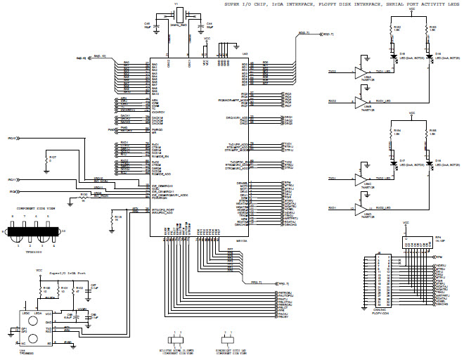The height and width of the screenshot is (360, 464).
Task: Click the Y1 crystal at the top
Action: click(179, 15)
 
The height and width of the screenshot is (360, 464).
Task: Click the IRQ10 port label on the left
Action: click(13, 139)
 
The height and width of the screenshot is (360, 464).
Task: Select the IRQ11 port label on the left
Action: click(13, 180)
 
